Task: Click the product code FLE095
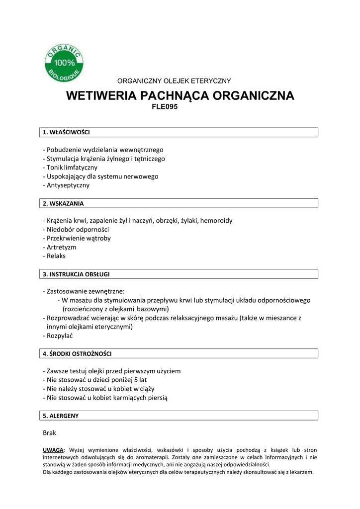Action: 164,106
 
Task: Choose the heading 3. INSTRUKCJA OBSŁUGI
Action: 76,274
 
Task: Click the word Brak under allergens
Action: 50,433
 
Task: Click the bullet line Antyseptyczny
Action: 68,185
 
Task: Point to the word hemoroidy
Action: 216,220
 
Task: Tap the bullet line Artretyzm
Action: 61,247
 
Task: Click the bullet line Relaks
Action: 56,256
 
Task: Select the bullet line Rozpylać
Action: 59,336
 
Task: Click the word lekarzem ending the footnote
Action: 300,472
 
